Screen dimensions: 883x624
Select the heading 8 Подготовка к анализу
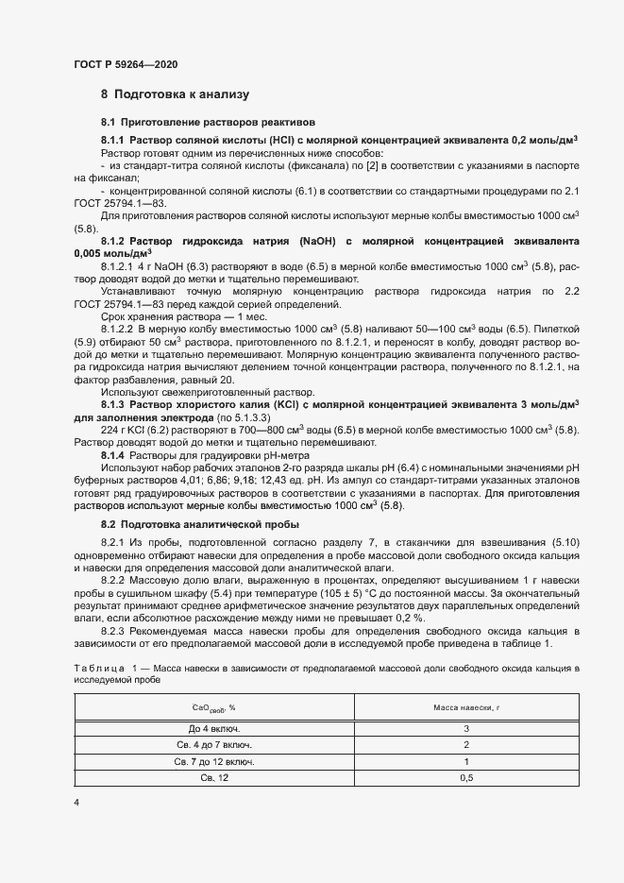click(x=175, y=94)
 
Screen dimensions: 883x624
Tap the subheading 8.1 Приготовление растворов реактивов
click(x=201, y=123)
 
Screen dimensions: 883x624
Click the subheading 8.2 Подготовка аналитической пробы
click(x=200, y=523)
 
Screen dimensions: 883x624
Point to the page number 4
click(x=76, y=802)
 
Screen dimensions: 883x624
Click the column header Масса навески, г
click(x=465, y=707)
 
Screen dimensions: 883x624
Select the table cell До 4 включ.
click(x=214, y=729)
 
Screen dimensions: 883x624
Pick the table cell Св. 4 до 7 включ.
click(x=214, y=745)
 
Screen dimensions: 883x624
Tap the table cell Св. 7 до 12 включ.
click(x=214, y=761)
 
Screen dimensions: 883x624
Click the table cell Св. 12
click(x=214, y=777)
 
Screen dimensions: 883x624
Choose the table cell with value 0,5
click(x=465, y=777)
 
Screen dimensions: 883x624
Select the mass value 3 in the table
click(x=465, y=729)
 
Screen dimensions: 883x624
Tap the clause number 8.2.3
click(x=114, y=629)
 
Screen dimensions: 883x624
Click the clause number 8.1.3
click(x=114, y=404)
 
